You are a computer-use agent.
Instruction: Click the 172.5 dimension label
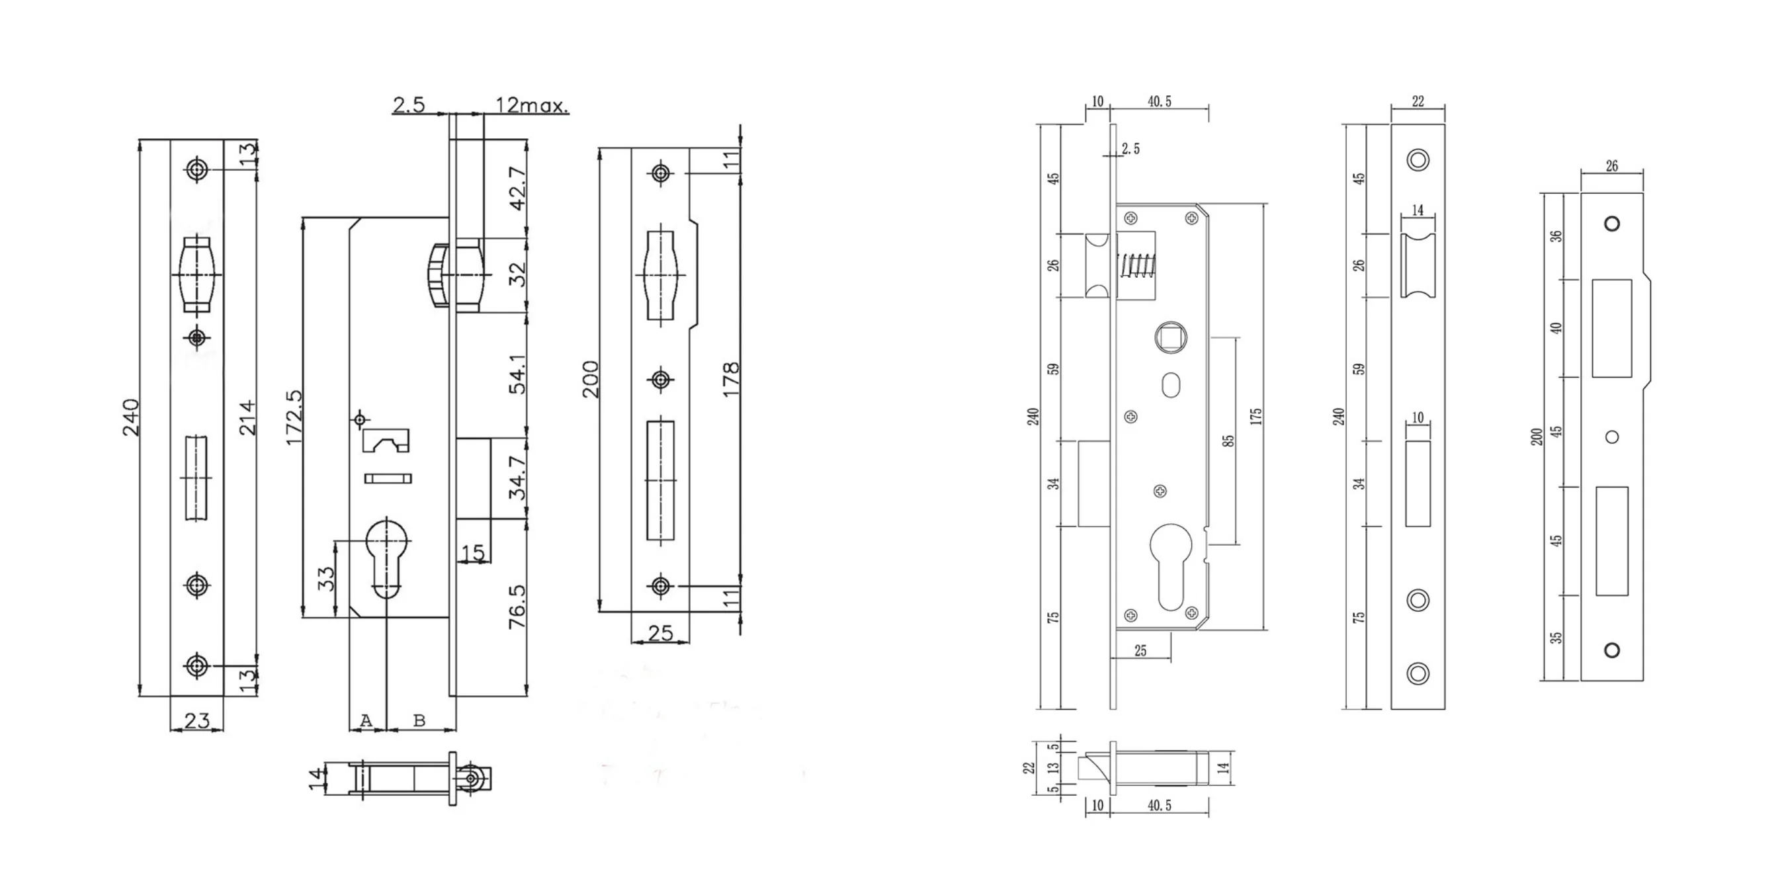(x=294, y=417)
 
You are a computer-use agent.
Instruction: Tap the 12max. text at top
(x=531, y=105)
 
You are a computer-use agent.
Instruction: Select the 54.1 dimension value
(x=518, y=374)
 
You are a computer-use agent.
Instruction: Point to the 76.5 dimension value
(x=518, y=607)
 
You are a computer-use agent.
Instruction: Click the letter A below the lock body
(x=366, y=721)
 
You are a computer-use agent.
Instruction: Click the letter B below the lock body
(x=419, y=721)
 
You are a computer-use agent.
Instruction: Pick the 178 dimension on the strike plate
(x=731, y=379)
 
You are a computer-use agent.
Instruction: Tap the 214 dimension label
(x=247, y=417)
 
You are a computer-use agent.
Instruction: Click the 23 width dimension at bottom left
(x=196, y=720)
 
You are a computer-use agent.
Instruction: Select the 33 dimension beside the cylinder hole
(x=326, y=578)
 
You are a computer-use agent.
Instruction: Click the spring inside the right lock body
(x=1136, y=265)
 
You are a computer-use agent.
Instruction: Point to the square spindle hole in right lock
(x=1170, y=337)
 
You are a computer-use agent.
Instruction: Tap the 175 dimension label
(x=1255, y=417)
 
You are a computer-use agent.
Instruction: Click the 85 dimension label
(x=1228, y=441)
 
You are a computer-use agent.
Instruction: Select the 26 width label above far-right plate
(x=1611, y=166)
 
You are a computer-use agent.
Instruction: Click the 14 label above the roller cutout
(x=1417, y=210)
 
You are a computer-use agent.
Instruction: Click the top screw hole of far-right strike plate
(x=1612, y=224)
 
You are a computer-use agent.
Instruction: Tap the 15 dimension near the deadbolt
(x=473, y=553)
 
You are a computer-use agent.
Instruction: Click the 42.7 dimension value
(x=518, y=188)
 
